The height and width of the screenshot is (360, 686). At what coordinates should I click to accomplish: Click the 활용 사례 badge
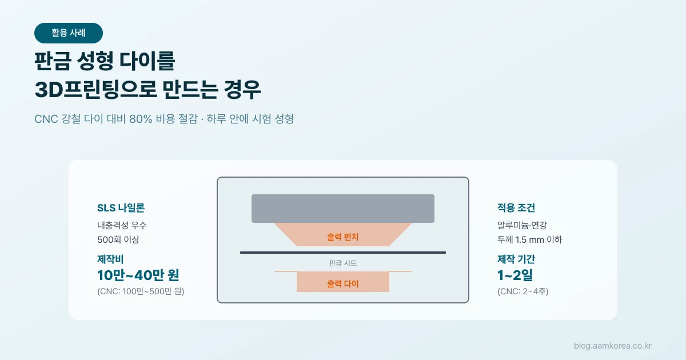tap(68, 33)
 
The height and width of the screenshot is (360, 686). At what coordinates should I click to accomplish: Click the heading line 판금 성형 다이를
tap(105, 61)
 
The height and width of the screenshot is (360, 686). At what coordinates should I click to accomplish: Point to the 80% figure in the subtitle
tap(141, 119)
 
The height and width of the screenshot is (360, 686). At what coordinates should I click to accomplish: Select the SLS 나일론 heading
tap(121, 208)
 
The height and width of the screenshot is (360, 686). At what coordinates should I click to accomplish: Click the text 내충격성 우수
tap(122, 225)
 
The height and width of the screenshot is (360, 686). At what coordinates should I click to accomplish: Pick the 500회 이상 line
tap(118, 239)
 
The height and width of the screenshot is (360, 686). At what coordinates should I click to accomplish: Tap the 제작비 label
tap(110, 259)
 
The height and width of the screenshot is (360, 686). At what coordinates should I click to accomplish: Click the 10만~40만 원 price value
tap(138, 275)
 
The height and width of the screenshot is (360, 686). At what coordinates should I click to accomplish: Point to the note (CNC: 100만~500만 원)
tap(141, 291)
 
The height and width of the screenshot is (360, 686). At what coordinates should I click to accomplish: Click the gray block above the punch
tap(343, 209)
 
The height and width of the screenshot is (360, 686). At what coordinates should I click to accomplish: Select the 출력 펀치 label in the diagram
tap(342, 237)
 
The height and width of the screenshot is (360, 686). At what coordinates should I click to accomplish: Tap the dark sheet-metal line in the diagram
tap(343, 253)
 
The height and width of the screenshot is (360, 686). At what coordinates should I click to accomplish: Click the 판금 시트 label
tap(343, 263)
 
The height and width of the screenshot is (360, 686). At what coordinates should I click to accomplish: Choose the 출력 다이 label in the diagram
tap(342, 284)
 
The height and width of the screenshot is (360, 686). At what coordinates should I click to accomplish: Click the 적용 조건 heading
tap(516, 208)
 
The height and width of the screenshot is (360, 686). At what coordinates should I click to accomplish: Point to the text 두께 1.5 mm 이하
tap(530, 239)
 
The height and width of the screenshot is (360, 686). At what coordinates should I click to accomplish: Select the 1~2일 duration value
tap(515, 275)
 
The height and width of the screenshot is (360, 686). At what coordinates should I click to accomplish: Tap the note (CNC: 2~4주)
tap(523, 291)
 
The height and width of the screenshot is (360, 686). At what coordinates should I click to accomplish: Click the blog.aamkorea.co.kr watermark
tap(612, 346)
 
